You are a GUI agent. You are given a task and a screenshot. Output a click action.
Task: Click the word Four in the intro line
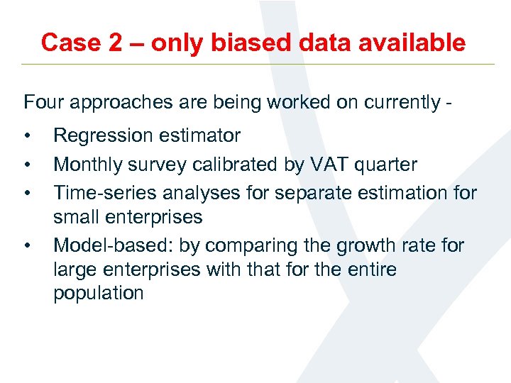(42, 102)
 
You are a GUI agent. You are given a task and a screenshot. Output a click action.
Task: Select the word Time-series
(100, 193)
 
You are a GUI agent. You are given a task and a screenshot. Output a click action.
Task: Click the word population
(99, 293)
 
